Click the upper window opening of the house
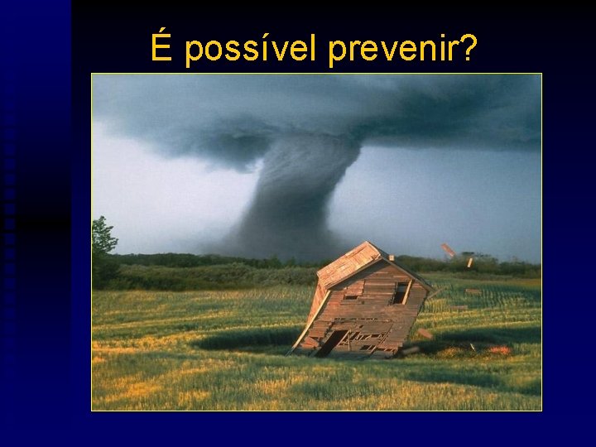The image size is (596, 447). [x=401, y=292]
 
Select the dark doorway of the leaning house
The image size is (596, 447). [x=331, y=342]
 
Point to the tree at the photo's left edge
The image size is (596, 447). [x=103, y=240]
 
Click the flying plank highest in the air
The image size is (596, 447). [x=448, y=250]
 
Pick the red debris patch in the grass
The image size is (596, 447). [x=498, y=350]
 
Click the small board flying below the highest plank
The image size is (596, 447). [x=470, y=262]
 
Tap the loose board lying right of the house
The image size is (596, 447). [x=425, y=334]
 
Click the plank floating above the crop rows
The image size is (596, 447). [x=473, y=291]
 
